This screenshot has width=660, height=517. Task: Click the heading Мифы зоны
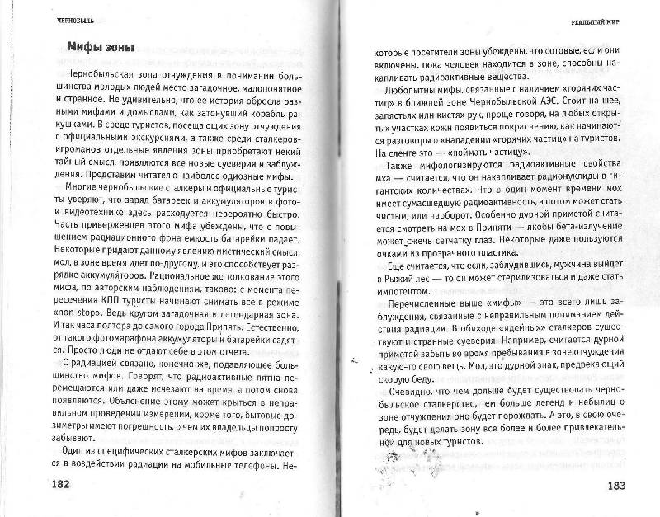click(101, 46)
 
